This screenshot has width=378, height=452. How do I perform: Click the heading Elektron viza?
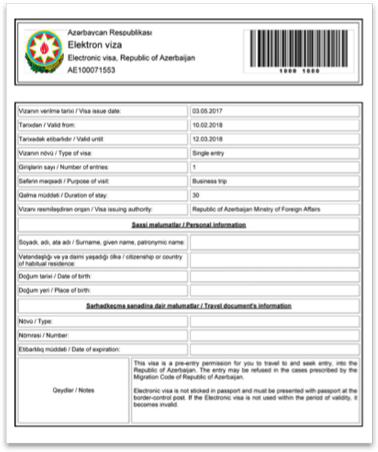pos(91,44)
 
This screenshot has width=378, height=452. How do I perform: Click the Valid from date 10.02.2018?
pos(208,126)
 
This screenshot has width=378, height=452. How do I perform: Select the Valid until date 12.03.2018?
pos(208,139)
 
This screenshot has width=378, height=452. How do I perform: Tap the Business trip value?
pos(211,181)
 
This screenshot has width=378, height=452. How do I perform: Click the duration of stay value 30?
pos(196,195)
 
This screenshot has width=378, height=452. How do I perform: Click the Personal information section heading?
pos(194,225)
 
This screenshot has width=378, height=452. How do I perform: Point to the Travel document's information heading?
pos(194,306)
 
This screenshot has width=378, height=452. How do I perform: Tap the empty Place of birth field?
pos(279,290)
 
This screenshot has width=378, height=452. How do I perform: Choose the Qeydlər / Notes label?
pos(74,390)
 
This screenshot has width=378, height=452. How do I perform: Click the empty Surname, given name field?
pos(279,243)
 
